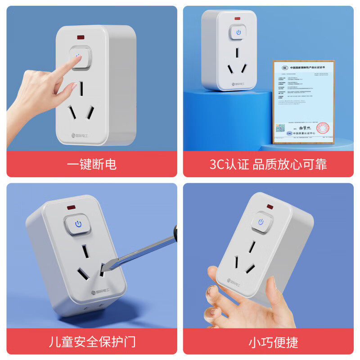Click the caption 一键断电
[x=91, y=164]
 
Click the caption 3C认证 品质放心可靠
[x=268, y=164]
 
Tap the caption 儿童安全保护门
[x=91, y=342]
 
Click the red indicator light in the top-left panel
[x=82, y=36]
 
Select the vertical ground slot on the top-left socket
[x=81, y=88]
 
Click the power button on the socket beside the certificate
[x=238, y=32]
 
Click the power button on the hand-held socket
[x=261, y=222]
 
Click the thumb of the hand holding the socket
[x=215, y=277]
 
